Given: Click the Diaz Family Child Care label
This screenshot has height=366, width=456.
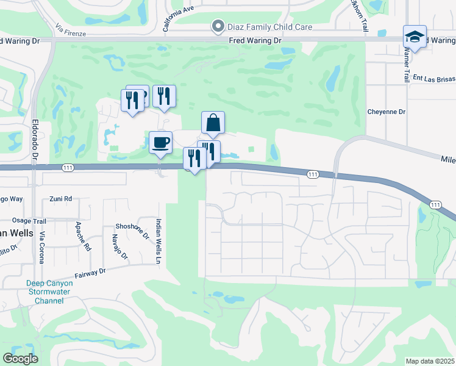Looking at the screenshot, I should click(x=270, y=27).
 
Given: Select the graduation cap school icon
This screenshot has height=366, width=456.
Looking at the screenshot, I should click(x=415, y=37).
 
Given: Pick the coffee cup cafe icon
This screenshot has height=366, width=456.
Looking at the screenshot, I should click(x=160, y=143).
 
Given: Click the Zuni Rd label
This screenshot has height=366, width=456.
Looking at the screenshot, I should click(x=61, y=199).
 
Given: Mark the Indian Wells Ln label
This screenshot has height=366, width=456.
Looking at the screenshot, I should click(x=158, y=240).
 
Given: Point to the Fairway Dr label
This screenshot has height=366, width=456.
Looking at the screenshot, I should click(x=90, y=271).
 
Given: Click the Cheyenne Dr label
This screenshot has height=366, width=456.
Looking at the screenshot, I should click(x=386, y=112).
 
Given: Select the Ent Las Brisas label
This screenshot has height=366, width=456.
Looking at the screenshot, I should click(x=434, y=78).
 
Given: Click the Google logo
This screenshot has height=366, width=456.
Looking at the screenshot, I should click(x=20, y=359).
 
